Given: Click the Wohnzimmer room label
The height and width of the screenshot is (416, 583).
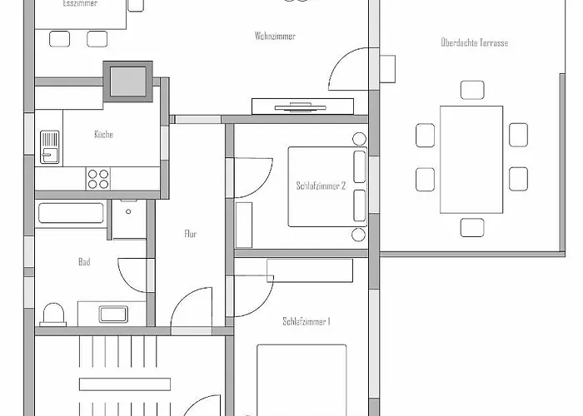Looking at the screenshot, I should pyautogui.click(x=275, y=37).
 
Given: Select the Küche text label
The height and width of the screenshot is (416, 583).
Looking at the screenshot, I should pyautogui.click(x=103, y=135).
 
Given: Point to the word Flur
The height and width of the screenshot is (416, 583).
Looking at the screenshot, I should pyautogui.click(x=191, y=235).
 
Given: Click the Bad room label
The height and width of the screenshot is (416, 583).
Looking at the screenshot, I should pyautogui.click(x=84, y=263).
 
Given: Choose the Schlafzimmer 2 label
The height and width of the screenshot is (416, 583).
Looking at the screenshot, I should pyautogui.click(x=320, y=186).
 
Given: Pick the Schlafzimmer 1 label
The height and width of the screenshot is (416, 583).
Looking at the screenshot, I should pyautogui.click(x=306, y=321).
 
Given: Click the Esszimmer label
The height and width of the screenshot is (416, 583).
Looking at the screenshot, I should pyautogui.click(x=80, y=4).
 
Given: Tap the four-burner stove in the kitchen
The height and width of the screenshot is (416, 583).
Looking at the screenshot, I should pyautogui.click(x=99, y=178).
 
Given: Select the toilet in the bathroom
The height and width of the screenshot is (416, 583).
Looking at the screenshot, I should pyautogui.click(x=53, y=314).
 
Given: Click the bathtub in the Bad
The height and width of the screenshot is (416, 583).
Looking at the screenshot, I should pyautogui.click(x=71, y=213).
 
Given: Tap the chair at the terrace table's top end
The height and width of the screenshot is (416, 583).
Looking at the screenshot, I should pyautogui.click(x=472, y=90).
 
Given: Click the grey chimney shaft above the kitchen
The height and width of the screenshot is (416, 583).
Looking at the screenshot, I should pyautogui.click(x=127, y=81).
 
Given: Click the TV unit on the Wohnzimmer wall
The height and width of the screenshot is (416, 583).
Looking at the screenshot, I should pyautogui.click(x=303, y=106).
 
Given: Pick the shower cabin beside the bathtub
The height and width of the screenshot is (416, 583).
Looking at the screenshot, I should pyautogui.click(x=129, y=219).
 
